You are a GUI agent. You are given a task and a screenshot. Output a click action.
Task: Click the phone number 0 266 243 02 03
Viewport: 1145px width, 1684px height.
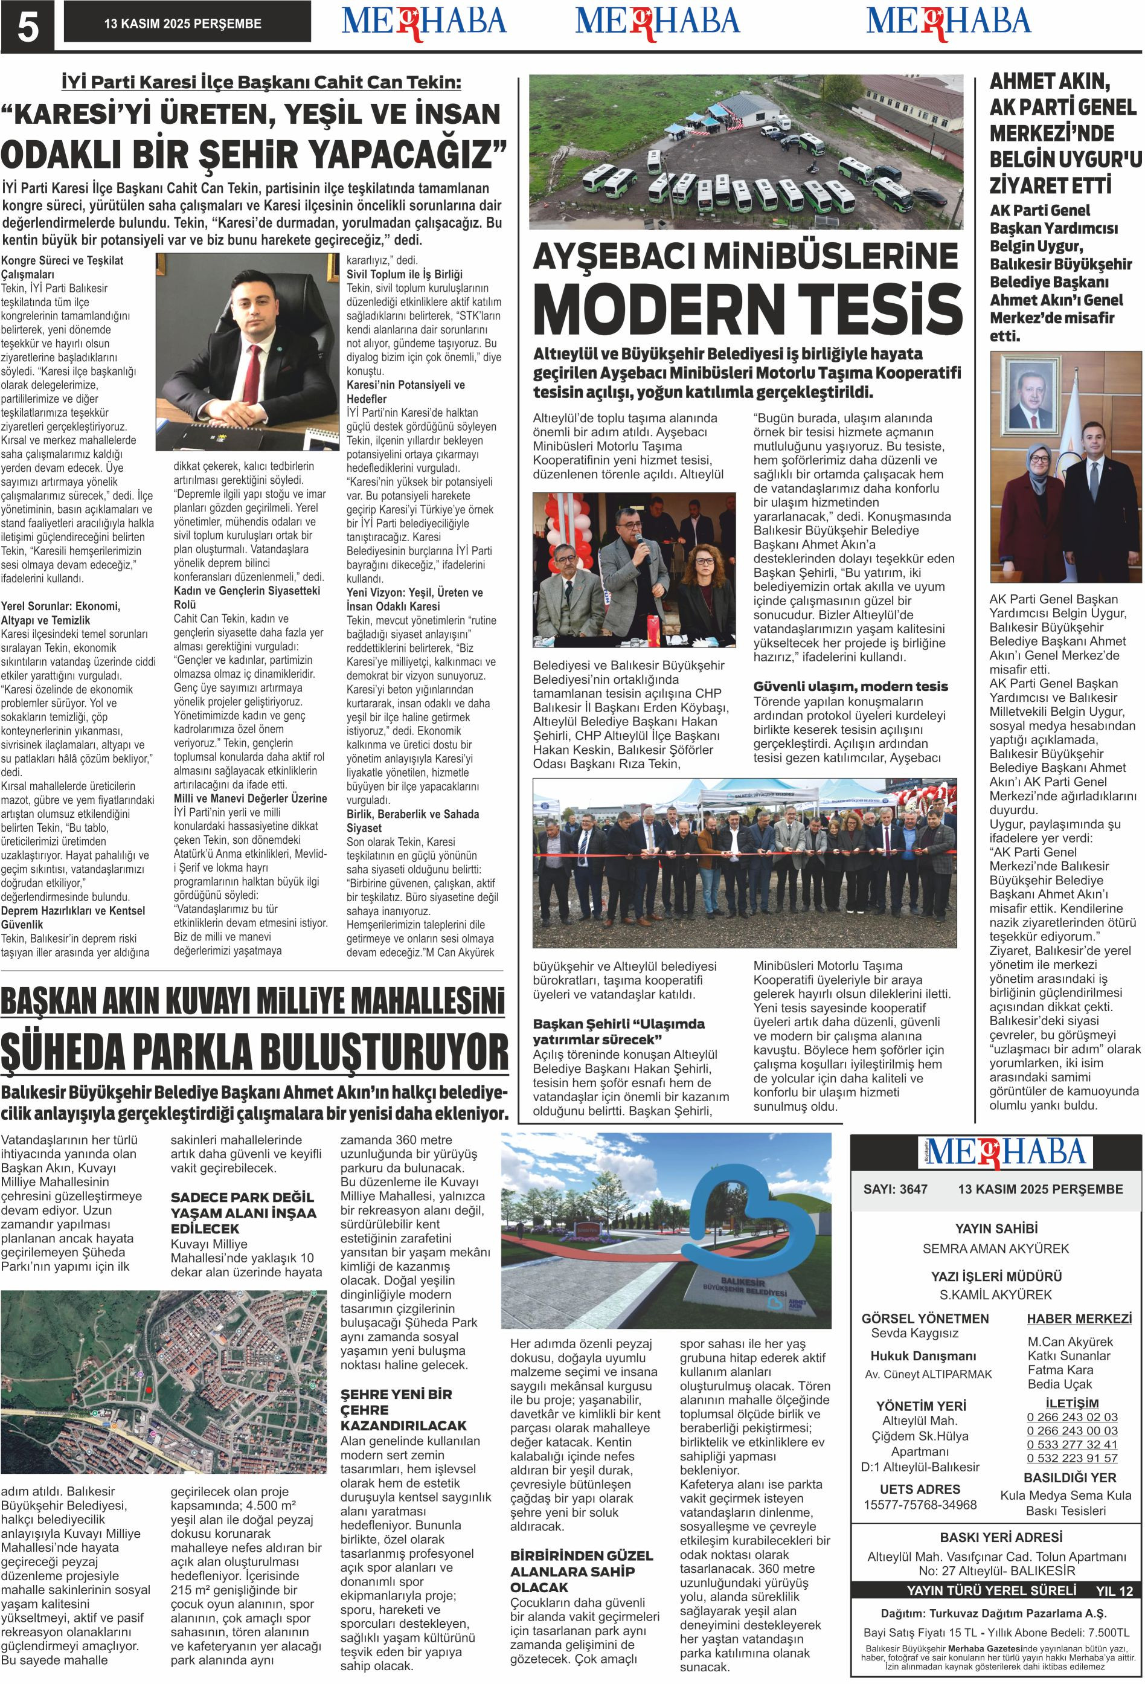pyautogui.click(x=1072, y=1416)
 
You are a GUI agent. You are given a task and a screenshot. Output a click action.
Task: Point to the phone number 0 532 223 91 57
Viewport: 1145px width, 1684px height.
pyautogui.click(x=1072, y=1458)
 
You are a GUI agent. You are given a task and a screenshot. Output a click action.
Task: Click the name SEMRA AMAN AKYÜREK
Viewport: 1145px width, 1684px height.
pyautogui.click(x=995, y=1249)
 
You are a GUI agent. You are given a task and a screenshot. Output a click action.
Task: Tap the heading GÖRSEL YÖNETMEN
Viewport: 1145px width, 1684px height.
pyautogui.click(x=925, y=1318)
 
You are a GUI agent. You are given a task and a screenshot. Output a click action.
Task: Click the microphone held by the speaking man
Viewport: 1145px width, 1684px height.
pyautogui.click(x=640, y=544)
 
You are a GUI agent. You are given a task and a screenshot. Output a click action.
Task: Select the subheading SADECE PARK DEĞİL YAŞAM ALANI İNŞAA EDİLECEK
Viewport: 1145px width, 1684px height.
pyautogui.click(x=243, y=1213)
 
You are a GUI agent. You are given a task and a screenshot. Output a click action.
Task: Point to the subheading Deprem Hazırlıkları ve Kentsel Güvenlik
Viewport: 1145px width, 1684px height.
pyautogui.click(x=72, y=918)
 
